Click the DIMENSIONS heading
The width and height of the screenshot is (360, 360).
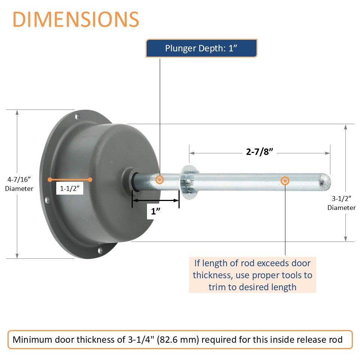point(76,19)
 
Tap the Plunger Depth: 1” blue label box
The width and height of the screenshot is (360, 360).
point(201,48)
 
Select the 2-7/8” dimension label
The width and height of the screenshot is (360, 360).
point(259,152)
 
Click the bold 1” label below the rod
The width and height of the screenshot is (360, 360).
point(156,211)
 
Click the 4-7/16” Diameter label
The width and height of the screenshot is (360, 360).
point(19,184)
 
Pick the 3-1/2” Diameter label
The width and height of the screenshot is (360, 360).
point(341,203)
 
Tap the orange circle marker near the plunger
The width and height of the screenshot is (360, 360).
point(160,180)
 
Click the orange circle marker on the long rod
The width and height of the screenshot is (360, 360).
point(285,181)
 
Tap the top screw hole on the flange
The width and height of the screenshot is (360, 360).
point(78,116)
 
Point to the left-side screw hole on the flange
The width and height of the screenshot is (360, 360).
point(48,200)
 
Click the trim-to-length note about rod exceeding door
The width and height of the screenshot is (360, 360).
point(252,275)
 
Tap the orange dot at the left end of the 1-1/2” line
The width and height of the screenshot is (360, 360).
point(50,180)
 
